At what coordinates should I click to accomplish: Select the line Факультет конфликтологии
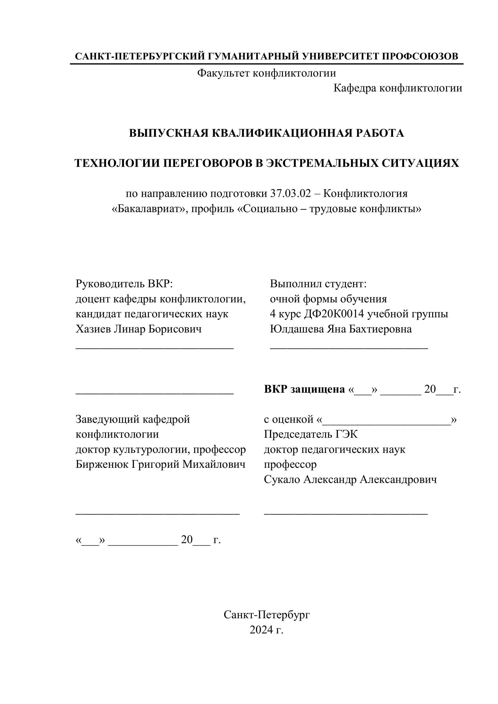point(267,73)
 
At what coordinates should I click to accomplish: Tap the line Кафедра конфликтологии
point(398,88)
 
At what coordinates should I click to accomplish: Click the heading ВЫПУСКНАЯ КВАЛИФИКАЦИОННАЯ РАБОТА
point(267,133)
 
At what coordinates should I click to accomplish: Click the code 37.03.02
point(290,194)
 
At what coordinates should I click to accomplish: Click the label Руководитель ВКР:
point(124,284)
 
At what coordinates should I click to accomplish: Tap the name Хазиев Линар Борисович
point(139,329)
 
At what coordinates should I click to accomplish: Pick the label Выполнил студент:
point(318,284)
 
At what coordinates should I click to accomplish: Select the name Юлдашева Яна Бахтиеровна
point(341,329)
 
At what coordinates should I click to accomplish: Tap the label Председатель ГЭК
point(311,435)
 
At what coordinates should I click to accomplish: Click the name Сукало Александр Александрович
point(350,480)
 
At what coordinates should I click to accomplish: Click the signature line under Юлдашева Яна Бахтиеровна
point(349,348)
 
